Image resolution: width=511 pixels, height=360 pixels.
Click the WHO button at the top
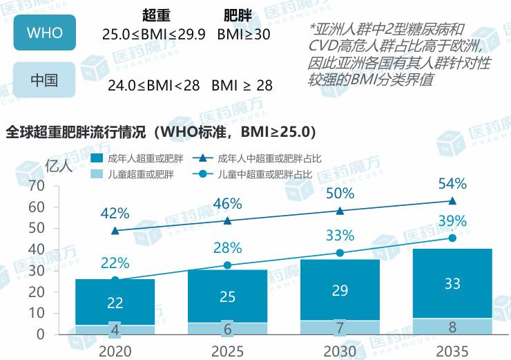tap(44, 32)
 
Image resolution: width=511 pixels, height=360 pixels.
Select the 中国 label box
tap(44, 79)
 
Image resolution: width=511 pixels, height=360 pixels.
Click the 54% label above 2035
tap(452, 184)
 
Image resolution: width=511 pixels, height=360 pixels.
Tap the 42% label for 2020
tap(115, 214)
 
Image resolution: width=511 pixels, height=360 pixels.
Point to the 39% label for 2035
tap(452, 221)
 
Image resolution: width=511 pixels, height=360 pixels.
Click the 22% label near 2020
tap(115, 263)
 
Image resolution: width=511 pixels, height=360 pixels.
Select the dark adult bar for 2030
tap(340, 290)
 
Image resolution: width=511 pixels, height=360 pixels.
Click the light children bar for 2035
tap(452, 327)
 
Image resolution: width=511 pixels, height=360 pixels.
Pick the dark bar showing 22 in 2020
tap(115, 301)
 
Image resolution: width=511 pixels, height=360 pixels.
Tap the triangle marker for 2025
tap(227, 220)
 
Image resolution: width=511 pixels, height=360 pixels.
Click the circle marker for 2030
tap(340, 253)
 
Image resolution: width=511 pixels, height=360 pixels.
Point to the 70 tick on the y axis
tap(36, 186)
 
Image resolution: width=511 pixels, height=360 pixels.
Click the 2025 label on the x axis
tap(227, 351)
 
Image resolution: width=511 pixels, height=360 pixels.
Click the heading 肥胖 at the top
tap(238, 15)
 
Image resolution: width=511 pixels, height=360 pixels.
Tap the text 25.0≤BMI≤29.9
tap(153, 34)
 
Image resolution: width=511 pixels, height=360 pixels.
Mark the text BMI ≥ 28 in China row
tap(242, 86)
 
